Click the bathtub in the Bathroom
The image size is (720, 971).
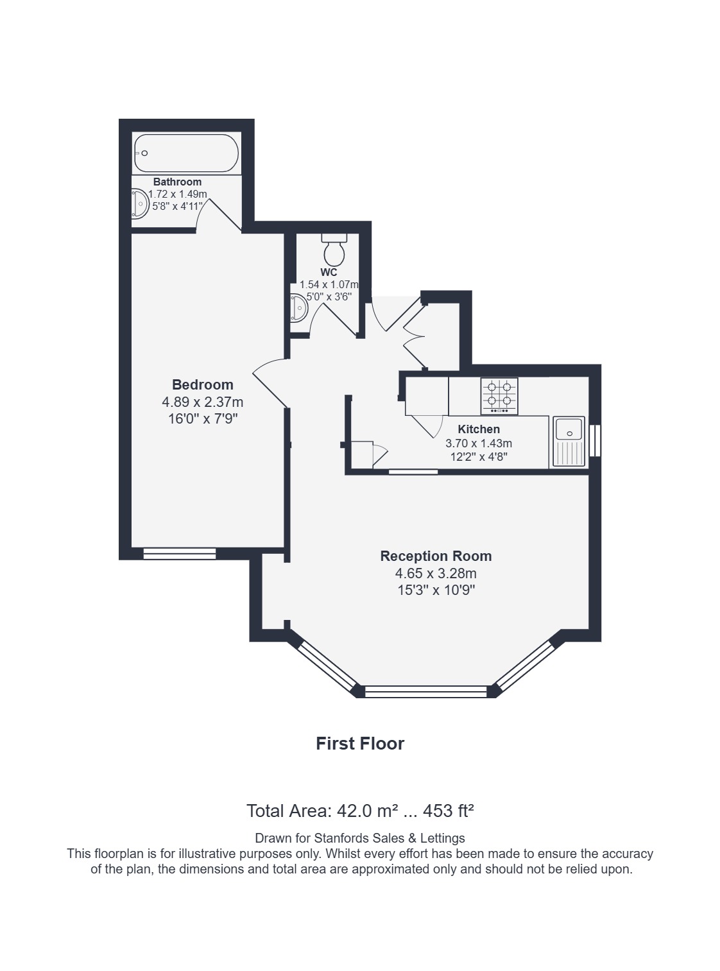187,153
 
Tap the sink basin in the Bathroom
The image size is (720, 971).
140,203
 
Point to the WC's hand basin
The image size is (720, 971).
299,308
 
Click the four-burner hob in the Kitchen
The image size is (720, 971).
499,396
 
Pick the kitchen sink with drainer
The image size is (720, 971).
569,442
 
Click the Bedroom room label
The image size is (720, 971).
203,384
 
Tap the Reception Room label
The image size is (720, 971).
436,556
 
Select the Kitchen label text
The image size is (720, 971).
479,429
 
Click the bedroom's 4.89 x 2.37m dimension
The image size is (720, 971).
203,402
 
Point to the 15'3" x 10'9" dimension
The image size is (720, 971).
436,590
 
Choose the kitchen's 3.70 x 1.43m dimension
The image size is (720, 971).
479,443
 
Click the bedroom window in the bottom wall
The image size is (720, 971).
180,553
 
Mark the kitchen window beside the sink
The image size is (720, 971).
595,440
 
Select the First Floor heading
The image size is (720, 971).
360,743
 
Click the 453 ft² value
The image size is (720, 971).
449,811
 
